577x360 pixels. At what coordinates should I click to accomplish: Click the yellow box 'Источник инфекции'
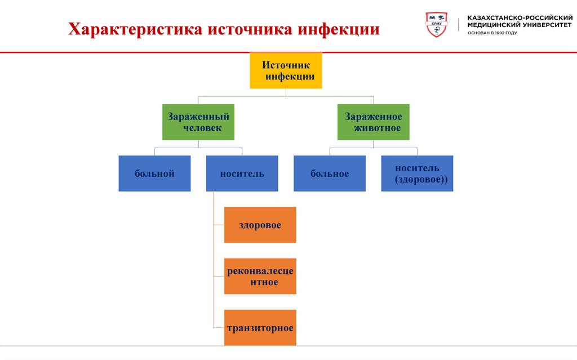(286, 71)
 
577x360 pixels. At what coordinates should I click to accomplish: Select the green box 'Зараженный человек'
(198, 122)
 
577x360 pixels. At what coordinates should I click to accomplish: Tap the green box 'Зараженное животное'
(373, 122)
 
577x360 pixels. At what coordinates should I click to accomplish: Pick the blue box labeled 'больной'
(154, 174)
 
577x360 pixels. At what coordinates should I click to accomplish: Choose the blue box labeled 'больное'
(329, 174)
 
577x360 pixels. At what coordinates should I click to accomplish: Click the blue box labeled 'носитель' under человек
(242, 174)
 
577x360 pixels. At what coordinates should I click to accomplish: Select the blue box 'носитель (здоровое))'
(417, 174)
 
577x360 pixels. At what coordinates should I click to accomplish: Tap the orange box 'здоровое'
(260, 225)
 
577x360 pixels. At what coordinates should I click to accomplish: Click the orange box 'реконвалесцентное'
(260, 276)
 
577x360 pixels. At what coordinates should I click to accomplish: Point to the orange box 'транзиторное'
(260, 327)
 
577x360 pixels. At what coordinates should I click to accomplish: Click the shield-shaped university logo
(437, 25)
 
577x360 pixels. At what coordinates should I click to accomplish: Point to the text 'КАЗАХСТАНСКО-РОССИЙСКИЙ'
(516, 18)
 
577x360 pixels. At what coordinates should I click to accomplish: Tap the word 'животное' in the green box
(377, 128)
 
